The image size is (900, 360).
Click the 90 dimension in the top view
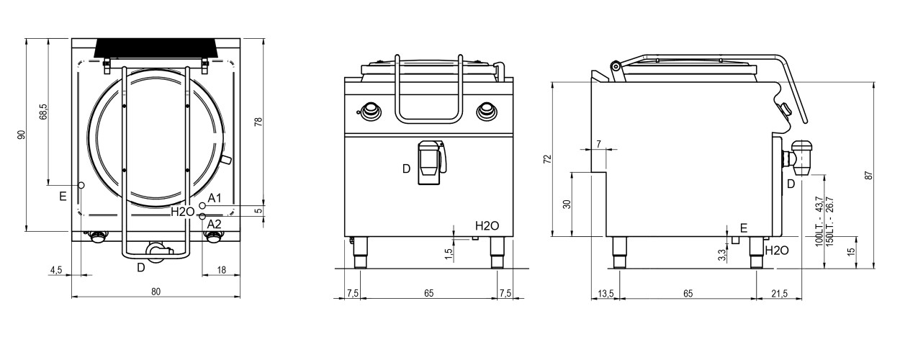22,135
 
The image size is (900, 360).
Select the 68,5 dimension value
43,112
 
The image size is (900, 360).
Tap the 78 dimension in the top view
259,122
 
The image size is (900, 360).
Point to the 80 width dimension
156,292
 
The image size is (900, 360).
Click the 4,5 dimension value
56,270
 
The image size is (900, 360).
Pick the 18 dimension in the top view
221,270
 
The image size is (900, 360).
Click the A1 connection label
215,198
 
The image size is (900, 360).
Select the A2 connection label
214,224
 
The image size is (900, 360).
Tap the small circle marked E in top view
81,185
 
